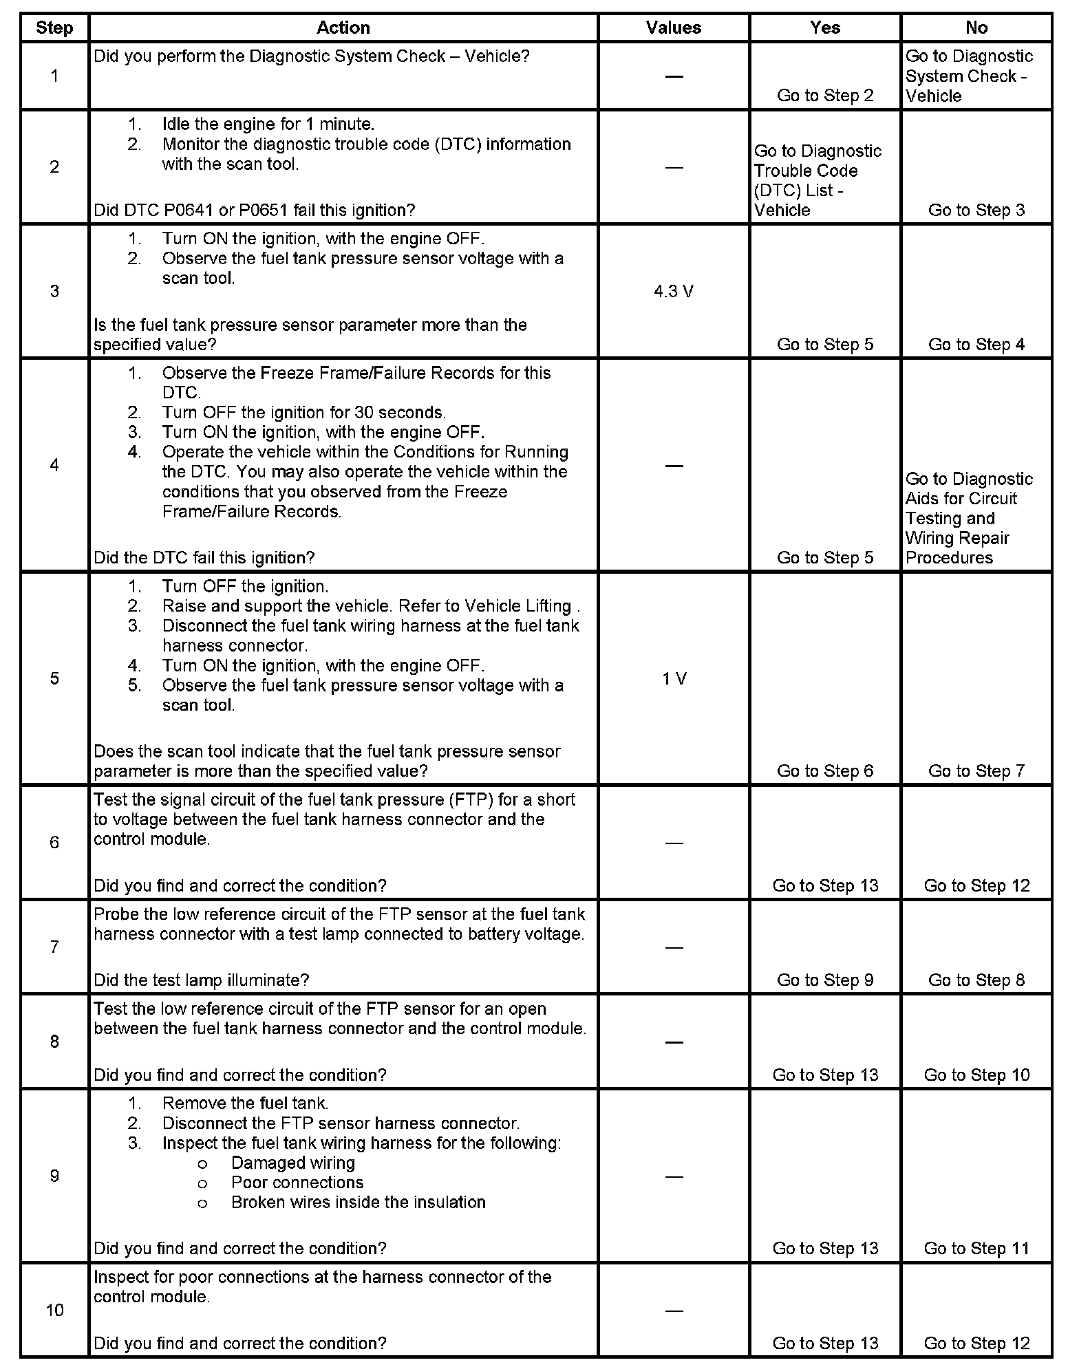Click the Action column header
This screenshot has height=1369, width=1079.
tap(343, 28)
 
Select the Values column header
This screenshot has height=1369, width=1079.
tap(674, 28)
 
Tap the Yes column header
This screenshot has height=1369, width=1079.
tap(825, 28)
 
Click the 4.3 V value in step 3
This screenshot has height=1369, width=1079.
tap(674, 292)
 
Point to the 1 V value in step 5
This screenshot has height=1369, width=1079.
tap(674, 679)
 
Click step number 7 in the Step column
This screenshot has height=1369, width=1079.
tap(54, 947)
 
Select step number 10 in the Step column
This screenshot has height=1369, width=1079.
tap(54, 1310)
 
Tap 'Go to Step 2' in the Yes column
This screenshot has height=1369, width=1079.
tap(825, 96)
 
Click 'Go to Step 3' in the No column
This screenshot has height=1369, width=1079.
tap(976, 211)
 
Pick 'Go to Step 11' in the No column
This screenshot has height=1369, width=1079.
tap(976, 1248)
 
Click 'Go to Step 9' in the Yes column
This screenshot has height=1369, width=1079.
tap(825, 980)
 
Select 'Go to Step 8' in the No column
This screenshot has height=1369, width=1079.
tap(976, 980)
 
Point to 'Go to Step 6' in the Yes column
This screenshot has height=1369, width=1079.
tap(825, 771)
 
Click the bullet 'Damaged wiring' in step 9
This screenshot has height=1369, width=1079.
tap(293, 1163)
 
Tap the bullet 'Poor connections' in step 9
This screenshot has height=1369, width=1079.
tap(297, 1183)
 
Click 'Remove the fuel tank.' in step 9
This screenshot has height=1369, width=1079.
tap(245, 1103)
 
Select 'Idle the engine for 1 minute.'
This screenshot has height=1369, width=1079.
tap(268, 125)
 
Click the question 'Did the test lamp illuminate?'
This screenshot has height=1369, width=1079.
tap(202, 980)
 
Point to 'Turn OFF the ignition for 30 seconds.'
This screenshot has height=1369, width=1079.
tap(304, 413)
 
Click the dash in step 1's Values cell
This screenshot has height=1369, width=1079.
tap(674, 76)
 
